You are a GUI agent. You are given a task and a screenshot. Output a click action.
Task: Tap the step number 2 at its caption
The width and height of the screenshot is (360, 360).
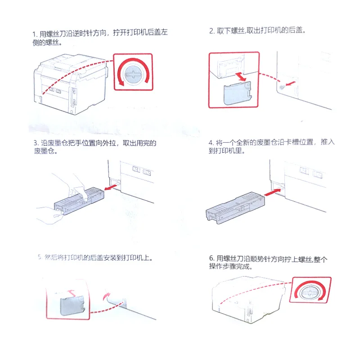tap(211, 31)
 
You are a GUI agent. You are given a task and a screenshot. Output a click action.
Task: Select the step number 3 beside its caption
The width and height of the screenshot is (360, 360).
tap(34, 144)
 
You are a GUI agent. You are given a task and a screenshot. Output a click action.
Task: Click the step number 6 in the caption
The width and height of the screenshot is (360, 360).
tap(211, 258)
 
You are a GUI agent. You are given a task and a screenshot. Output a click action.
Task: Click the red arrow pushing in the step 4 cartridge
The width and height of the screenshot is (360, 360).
tap(272, 192)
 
